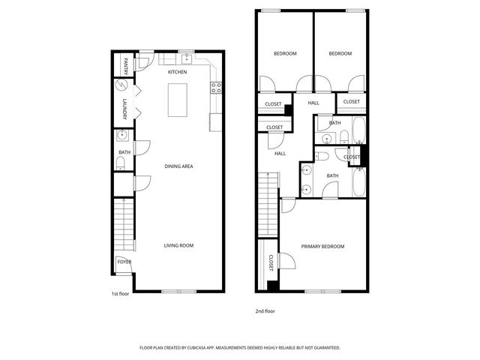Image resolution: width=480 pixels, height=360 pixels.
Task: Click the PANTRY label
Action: tap(126, 67)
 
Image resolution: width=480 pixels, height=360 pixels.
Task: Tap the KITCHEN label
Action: tap(177, 72)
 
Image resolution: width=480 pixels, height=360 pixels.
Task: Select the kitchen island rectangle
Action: tap(178, 100)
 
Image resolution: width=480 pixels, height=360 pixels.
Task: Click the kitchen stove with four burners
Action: tap(216, 88)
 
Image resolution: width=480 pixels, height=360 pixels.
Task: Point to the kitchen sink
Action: tap(187, 58)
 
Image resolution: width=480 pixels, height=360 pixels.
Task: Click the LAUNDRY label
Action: tap(124, 109)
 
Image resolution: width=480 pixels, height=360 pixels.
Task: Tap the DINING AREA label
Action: tap(178, 166)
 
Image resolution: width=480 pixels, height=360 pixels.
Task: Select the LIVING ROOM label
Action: tap(178, 245)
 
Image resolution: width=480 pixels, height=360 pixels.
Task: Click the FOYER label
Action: tap(124, 262)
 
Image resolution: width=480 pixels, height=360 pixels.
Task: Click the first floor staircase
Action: tap(124, 224)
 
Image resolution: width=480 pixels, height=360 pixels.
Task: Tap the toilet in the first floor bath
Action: tap(121, 163)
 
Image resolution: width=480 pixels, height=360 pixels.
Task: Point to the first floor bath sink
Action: tap(122, 135)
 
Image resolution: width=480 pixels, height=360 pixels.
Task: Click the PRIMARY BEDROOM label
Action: tap(322, 247)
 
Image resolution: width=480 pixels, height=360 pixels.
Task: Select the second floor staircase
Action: tap(268, 205)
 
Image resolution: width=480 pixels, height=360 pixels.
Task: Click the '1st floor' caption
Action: tap(120, 294)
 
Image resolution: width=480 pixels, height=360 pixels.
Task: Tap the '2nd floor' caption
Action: tap(265, 311)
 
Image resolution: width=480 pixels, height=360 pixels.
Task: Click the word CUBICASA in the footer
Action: tap(198, 348)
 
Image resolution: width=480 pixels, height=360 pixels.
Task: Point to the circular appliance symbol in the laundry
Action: tap(121, 85)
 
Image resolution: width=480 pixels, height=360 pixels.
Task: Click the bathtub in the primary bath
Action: tap(358, 182)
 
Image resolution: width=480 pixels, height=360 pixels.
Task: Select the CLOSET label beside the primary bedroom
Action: tap(271, 263)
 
